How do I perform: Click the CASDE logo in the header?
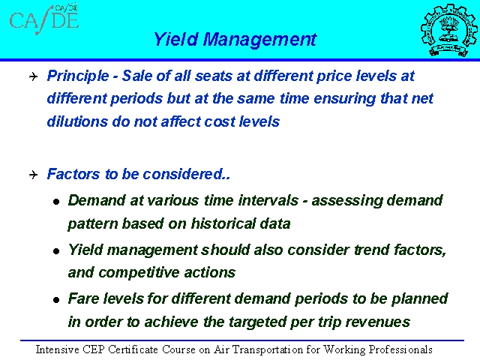(x=44, y=19)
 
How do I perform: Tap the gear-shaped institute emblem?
(x=448, y=30)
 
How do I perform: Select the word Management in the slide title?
(x=260, y=40)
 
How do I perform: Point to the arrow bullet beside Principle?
(x=33, y=76)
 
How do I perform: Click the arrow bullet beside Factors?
(x=33, y=175)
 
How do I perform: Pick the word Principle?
(x=78, y=76)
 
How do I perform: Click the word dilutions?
(x=77, y=121)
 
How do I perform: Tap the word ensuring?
(x=345, y=99)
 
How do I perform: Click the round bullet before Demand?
(x=56, y=202)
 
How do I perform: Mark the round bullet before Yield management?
(x=56, y=251)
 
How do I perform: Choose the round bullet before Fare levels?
(x=56, y=300)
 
